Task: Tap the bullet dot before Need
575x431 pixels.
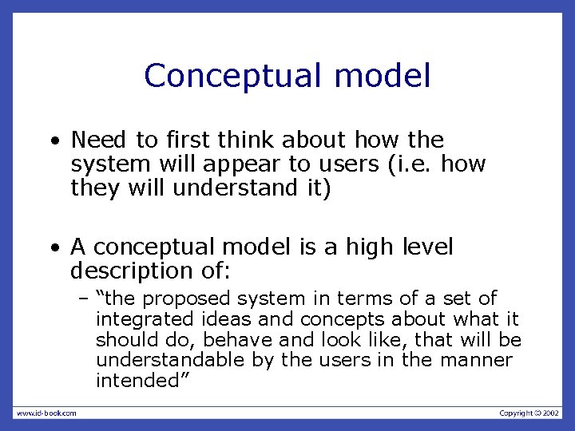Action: [54, 142]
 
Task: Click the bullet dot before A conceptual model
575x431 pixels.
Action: [54, 249]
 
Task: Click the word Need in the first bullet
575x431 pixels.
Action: [101, 140]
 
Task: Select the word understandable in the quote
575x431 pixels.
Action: [169, 360]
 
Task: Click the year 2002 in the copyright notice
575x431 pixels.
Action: [550, 413]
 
